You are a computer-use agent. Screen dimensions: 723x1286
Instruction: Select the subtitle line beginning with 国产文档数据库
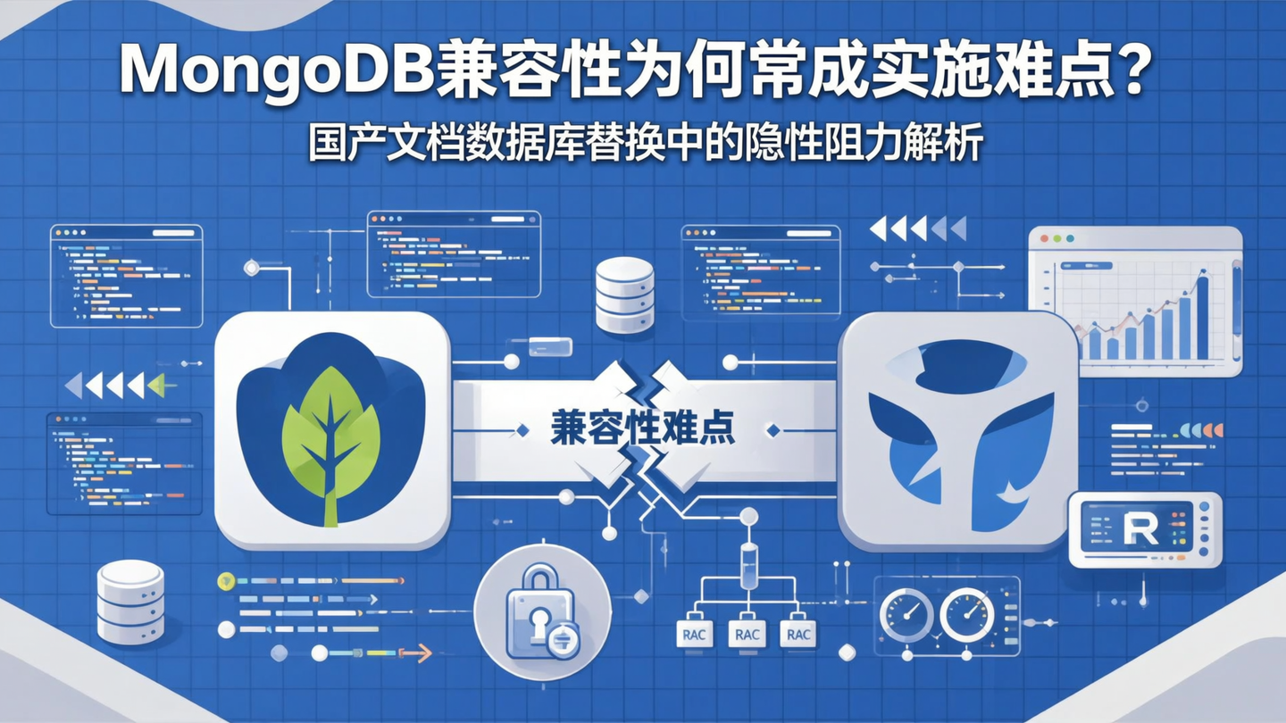point(645,144)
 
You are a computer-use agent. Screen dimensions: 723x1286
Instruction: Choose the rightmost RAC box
point(797,635)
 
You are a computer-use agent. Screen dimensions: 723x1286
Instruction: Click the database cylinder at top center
point(624,295)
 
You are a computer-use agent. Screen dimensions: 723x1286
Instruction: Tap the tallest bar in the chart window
point(1201,318)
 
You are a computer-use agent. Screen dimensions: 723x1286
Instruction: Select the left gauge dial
point(906,614)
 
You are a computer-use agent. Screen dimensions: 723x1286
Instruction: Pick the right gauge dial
point(967,614)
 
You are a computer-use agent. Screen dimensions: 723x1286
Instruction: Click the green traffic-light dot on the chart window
point(1070,239)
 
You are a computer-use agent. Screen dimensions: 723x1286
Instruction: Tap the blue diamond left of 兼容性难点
point(522,430)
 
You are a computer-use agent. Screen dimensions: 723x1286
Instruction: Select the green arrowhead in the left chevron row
point(156,386)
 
